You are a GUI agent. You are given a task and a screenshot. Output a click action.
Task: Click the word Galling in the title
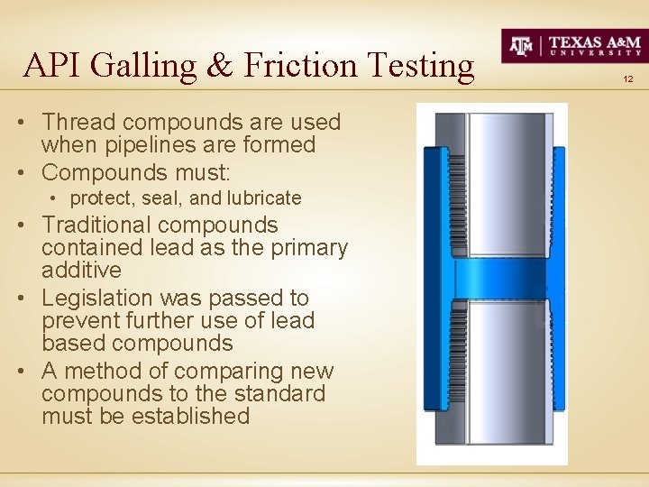pos(148,66)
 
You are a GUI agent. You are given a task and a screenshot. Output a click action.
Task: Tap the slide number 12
pos(628,80)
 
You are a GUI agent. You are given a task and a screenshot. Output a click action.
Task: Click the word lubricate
pos(264,198)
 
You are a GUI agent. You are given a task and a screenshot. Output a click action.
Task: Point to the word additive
pos(81,270)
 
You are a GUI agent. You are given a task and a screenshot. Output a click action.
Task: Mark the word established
pos(190,416)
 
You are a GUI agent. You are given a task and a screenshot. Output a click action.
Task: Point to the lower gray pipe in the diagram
pos(501,370)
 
